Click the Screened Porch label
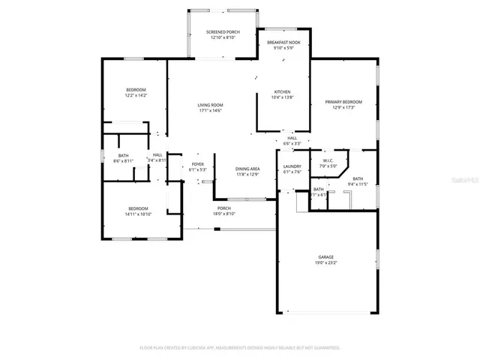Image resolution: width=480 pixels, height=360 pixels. [223, 31]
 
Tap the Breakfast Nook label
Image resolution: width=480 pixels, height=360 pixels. [283, 43]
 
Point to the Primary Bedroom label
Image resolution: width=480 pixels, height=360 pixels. [343, 102]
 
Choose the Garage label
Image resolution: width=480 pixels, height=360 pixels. [325, 256]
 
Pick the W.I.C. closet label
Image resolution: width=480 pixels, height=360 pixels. [328, 160]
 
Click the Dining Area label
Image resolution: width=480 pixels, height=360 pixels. [247, 169]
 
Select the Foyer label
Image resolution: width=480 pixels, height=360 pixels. [197, 164]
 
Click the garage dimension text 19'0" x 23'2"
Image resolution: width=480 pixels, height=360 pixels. [325, 262]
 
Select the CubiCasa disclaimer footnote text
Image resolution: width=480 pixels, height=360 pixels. [240, 347]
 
